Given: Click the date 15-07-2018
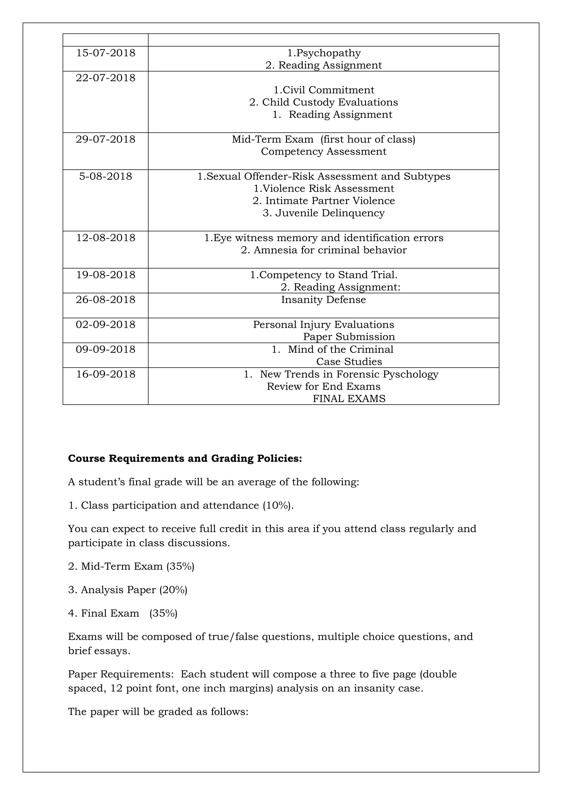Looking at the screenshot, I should (106, 53).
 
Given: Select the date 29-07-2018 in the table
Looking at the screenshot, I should (106, 139).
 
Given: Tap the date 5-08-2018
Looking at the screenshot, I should (106, 176).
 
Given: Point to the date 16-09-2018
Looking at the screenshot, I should (106, 374).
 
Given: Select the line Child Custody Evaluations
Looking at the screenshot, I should (324, 102).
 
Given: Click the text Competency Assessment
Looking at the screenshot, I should (324, 152).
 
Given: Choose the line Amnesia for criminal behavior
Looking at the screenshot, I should (324, 250).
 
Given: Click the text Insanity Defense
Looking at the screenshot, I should (324, 299).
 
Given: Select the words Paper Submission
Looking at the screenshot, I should (349, 337).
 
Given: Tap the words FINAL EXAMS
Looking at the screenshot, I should (349, 399).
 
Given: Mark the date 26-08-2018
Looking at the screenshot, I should (106, 299).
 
